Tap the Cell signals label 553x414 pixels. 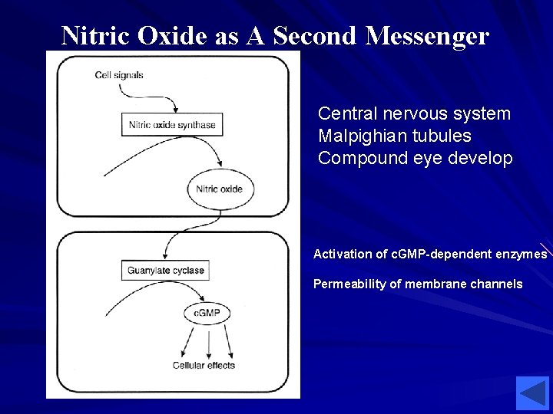pyautogui.click(x=119, y=75)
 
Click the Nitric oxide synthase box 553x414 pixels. pyautogui.click(x=172, y=125)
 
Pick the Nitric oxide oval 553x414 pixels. pyautogui.click(x=220, y=189)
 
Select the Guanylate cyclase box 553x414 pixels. pyautogui.click(x=165, y=271)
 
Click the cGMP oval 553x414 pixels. pyautogui.click(x=207, y=313)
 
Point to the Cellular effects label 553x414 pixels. pyautogui.click(x=204, y=366)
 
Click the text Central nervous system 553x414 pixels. pyautogui.click(x=414, y=114)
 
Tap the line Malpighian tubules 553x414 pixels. pyautogui.click(x=395, y=136)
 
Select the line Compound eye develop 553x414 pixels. pyautogui.click(x=415, y=159)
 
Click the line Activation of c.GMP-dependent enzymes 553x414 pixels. pyautogui.click(x=430, y=254)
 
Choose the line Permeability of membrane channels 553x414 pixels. pyautogui.click(x=418, y=284)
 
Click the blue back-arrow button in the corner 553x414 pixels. pyautogui.click(x=532, y=393)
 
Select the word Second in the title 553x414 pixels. pyautogui.click(x=315, y=35)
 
